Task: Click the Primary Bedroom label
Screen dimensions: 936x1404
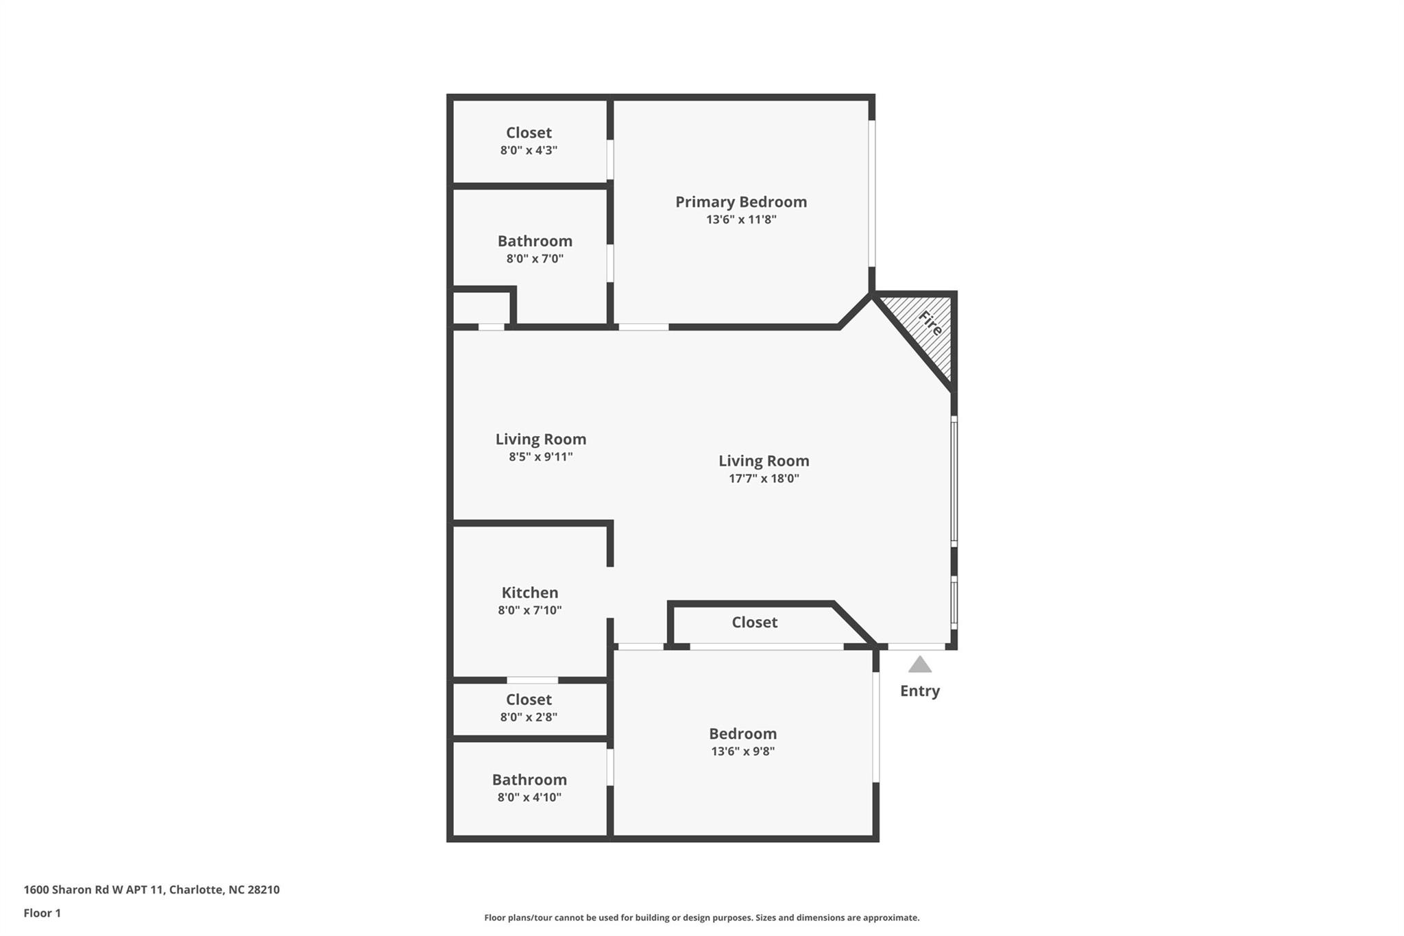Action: click(x=740, y=202)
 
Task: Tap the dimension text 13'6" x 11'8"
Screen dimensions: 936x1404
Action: click(x=740, y=219)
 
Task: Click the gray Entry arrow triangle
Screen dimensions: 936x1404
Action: click(x=919, y=665)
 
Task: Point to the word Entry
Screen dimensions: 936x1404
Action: click(x=919, y=691)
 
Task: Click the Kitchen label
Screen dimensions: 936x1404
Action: click(x=529, y=592)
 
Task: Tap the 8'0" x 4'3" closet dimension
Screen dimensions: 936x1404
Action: click(x=529, y=150)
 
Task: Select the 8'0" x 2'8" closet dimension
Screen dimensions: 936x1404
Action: click(x=529, y=717)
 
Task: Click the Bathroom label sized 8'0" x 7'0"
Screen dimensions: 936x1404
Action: click(x=535, y=241)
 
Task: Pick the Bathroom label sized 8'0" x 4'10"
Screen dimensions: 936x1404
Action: click(x=529, y=780)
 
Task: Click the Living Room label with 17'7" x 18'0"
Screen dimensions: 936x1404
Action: click(x=764, y=461)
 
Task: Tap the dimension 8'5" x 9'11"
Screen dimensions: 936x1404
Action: click(x=540, y=457)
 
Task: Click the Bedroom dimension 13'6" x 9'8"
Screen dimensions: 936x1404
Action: click(x=742, y=751)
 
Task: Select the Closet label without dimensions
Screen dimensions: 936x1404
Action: click(x=754, y=622)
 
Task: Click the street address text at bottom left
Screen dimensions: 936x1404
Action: click(x=152, y=889)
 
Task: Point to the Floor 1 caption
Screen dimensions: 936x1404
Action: click(x=42, y=913)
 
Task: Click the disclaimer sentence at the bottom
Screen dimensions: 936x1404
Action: click(x=701, y=917)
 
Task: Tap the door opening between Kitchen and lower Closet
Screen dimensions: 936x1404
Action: click(x=532, y=680)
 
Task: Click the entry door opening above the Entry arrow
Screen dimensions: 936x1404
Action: click(x=917, y=646)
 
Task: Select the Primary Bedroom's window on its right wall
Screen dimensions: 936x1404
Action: click(x=872, y=193)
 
